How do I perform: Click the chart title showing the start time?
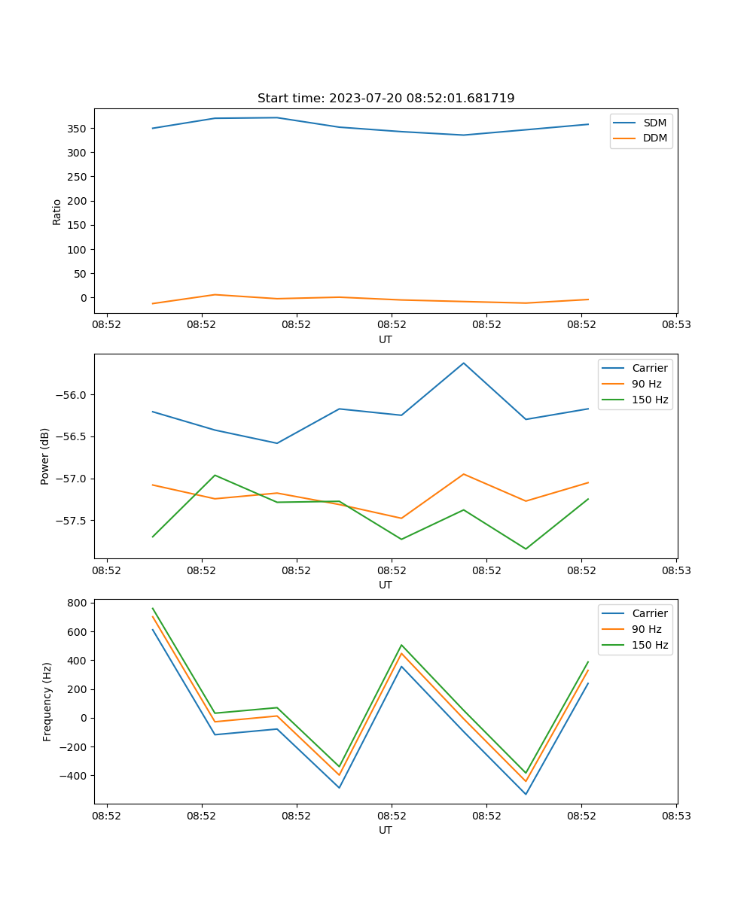point(386,99)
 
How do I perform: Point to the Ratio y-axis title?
point(57,211)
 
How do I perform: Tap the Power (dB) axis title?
point(45,456)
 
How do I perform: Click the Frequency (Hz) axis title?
point(47,701)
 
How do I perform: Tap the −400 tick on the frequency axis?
point(75,776)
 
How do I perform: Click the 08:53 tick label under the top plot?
point(676,325)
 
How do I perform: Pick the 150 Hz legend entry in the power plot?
point(650,400)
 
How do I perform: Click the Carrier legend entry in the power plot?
point(650,368)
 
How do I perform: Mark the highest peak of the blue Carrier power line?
point(463,363)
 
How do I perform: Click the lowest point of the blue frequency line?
point(526,794)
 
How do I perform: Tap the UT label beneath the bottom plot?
point(386,830)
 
